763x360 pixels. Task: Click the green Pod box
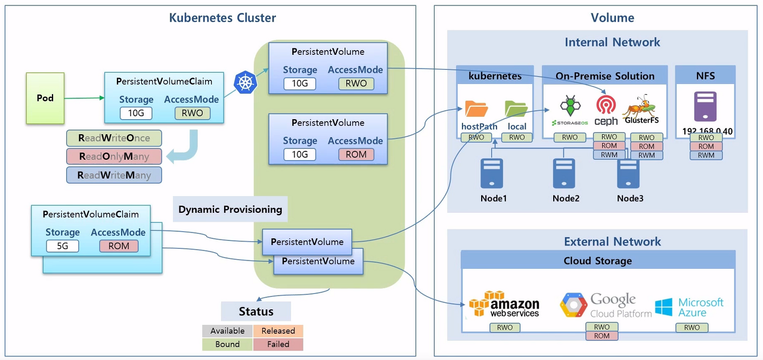[45, 98]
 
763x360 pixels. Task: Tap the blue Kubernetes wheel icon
[244, 82]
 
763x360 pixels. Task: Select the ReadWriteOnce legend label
[114, 138]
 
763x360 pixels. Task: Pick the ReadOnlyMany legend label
[114, 157]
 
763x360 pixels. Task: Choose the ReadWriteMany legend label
[114, 175]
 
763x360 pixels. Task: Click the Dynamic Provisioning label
[230, 209]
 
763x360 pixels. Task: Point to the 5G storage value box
[63, 246]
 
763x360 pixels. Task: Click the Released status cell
[278, 331]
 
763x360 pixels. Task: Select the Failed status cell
[278, 345]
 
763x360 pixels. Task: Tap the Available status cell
[227, 331]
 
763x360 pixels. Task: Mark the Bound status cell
[227, 345]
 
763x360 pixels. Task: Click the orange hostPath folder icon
[476, 108]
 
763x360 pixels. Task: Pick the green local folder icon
[516, 108]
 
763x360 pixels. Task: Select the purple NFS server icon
[705, 107]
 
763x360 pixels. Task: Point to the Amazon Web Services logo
[504, 304]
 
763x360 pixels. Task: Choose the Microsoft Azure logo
[689, 307]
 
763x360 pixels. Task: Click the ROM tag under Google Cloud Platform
[602, 336]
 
